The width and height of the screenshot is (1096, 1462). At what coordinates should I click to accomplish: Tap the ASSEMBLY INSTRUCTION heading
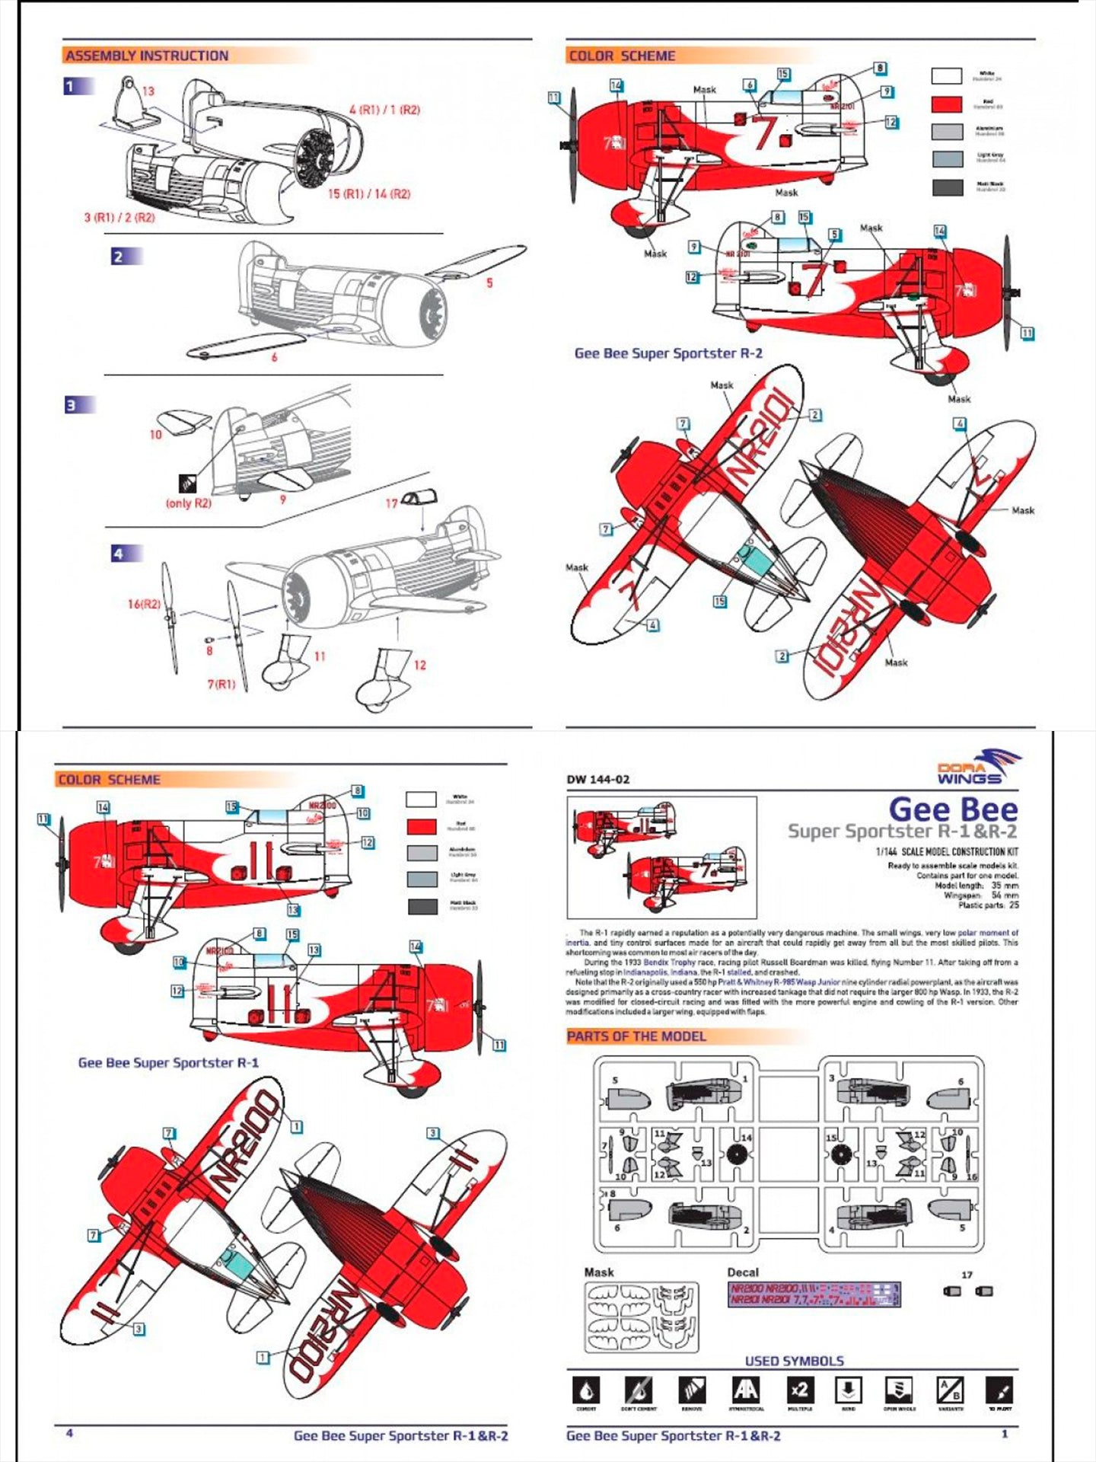tap(146, 56)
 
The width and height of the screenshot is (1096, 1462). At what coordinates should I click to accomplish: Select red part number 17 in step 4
tap(391, 503)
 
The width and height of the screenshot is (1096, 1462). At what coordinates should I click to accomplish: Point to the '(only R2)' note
tap(189, 503)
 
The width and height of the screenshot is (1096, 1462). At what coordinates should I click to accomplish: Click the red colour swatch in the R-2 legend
tap(947, 104)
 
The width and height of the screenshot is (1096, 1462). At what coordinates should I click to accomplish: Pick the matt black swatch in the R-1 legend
tap(422, 906)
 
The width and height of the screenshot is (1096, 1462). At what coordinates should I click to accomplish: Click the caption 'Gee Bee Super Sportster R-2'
tap(668, 353)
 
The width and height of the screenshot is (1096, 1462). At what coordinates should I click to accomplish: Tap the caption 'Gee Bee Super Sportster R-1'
tap(168, 1062)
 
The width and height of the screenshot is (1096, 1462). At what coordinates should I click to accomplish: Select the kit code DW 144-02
tap(598, 779)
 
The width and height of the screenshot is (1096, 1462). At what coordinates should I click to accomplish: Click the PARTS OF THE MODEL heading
tap(636, 1036)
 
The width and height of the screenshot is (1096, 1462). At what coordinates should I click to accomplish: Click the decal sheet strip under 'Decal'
tap(814, 1294)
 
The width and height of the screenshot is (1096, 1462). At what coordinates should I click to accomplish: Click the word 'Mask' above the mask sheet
tap(599, 1272)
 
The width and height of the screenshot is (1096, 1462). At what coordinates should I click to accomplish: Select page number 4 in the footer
tap(69, 1433)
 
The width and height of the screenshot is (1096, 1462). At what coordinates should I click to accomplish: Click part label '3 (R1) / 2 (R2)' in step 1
tap(119, 217)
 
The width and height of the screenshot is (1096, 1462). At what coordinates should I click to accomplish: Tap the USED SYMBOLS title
tap(794, 1361)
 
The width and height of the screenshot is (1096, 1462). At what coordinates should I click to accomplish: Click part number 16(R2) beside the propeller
tap(144, 604)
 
